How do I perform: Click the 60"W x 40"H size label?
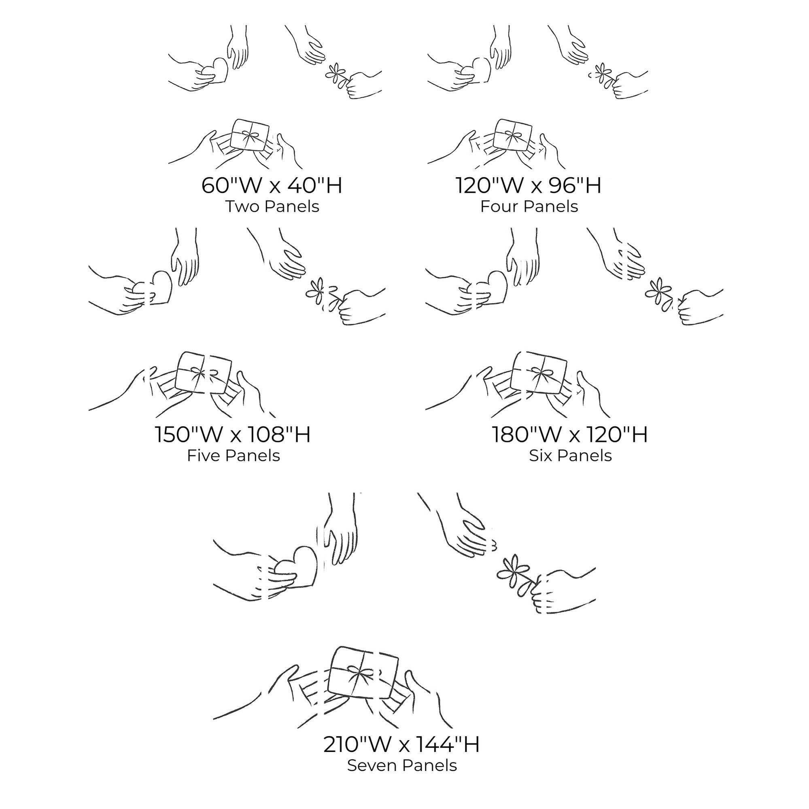pyautogui.click(x=272, y=185)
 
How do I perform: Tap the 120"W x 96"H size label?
pyautogui.click(x=529, y=185)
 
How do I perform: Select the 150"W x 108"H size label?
pyautogui.click(x=233, y=434)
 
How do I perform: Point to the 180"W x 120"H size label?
pyautogui.click(x=570, y=434)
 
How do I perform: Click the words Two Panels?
pyautogui.click(x=273, y=206)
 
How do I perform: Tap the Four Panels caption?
pyautogui.click(x=529, y=206)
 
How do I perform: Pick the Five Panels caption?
pyautogui.click(x=233, y=456)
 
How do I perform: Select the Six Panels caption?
pyautogui.click(x=570, y=456)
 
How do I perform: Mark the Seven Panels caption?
pyautogui.click(x=402, y=765)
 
